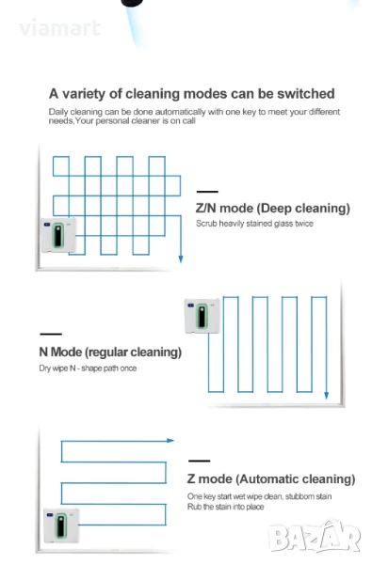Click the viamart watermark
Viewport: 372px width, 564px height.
(60, 27)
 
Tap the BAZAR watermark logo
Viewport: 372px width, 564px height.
(315, 537)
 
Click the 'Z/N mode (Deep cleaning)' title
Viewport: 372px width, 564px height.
(273, 209)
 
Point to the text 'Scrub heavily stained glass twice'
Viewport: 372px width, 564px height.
(254, 224)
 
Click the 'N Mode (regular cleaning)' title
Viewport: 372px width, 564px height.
(110, 352)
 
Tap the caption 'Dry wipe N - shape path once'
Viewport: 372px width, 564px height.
(88, 368)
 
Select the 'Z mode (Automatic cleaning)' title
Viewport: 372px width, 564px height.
(271, 479)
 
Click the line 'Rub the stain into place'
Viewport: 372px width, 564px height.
(225, 507)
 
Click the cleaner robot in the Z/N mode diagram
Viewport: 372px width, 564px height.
(58, 235)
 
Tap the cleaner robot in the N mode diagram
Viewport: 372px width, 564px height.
(202, 316)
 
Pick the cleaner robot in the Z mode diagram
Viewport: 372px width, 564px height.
(61, 525)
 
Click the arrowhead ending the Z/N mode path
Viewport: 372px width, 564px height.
(181, 258)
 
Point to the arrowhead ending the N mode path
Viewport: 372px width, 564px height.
(326, 395)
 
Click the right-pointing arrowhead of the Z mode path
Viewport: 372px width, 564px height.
(170, 440)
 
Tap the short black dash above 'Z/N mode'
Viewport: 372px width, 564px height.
(207, 192)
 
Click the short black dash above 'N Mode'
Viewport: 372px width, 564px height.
(51, 334)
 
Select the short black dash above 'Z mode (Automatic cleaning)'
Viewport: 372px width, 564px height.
(200, 461)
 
